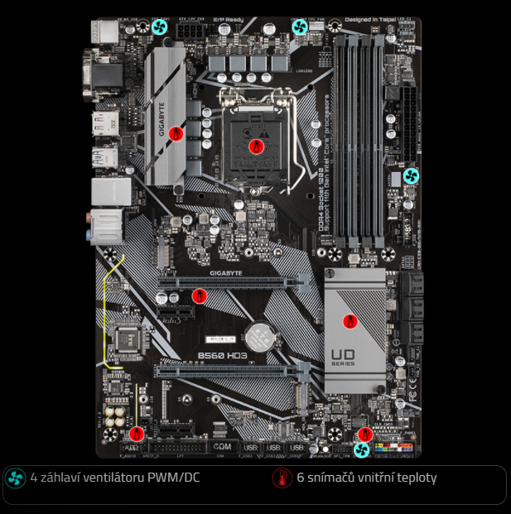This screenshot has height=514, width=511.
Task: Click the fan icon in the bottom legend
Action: [15, 478]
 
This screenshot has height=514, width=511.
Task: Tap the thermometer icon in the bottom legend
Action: [282, 478]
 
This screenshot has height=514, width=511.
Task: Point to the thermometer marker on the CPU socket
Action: [255, 146]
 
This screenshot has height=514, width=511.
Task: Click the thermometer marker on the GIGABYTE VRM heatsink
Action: [175, 132]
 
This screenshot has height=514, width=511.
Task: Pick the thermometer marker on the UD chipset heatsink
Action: [350, 320]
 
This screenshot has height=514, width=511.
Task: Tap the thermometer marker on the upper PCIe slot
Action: [198, 295]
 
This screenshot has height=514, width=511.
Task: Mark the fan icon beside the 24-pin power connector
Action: [411, 176]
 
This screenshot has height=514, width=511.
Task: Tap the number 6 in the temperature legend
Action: [300, 478]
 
